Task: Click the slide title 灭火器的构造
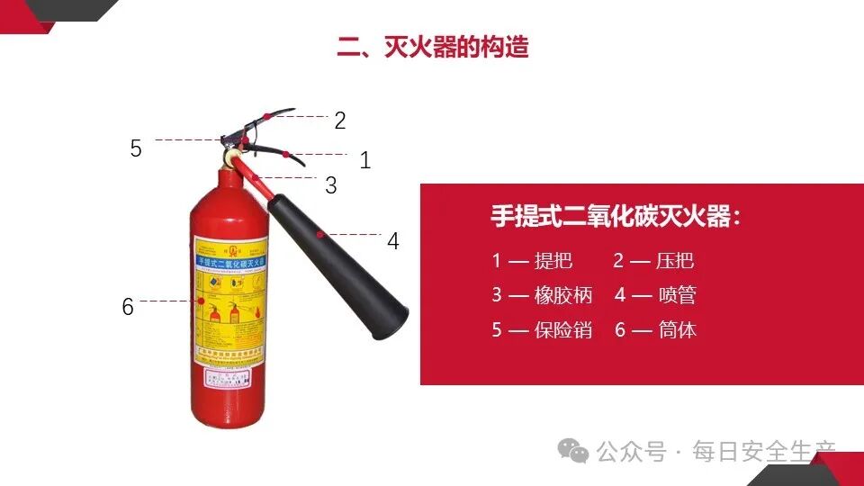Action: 433,47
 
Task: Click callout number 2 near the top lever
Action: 339,121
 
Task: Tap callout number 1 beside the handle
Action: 364,161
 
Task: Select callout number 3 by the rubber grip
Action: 331,186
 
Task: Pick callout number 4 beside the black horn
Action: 393,241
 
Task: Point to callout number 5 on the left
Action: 136,148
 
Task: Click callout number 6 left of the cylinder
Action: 128,307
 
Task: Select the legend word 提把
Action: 553,261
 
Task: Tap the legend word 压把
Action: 674,261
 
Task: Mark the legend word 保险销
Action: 563,329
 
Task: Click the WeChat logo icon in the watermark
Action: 572,451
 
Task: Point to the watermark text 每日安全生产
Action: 764,451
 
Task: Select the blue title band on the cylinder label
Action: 231,262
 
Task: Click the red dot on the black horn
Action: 320,234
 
